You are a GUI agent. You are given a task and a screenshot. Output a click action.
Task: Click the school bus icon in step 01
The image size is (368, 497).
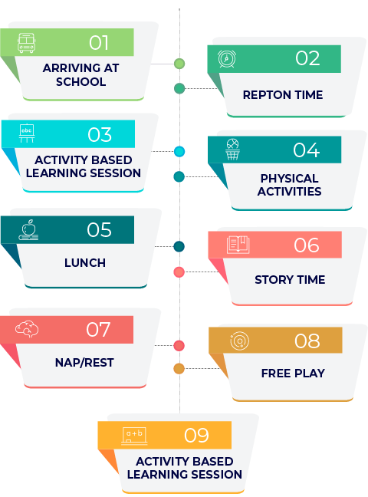point(26,43)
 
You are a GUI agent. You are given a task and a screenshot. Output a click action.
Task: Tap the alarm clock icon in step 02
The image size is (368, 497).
point(227,58)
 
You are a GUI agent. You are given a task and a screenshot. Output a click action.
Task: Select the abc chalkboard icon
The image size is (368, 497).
point(27,133)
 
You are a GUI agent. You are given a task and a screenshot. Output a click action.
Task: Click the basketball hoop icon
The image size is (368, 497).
point(232,150)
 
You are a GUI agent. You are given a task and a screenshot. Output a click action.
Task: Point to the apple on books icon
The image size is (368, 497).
point(28,230)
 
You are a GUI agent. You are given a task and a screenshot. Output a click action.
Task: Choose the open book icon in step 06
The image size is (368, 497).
point(238,245)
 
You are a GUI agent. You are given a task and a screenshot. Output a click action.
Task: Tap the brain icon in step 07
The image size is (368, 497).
point(27,329)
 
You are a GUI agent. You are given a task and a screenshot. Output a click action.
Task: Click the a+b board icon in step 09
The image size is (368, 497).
point(134,436)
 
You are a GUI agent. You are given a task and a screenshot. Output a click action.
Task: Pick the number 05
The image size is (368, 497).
point(99,229)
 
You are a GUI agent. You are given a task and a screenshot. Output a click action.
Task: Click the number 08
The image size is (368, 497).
point(307,341)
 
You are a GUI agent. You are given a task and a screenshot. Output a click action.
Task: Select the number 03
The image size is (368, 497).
point(100,134)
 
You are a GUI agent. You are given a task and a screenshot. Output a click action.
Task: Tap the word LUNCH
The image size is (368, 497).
point(85,263)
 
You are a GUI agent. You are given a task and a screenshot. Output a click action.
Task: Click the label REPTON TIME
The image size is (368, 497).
point(283,95)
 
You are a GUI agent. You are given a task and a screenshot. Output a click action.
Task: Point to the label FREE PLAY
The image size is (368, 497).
point(293,373)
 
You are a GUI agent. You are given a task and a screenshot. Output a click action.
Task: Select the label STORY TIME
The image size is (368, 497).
point(290,279)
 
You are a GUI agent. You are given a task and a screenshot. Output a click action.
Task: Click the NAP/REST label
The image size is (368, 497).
point(84,362)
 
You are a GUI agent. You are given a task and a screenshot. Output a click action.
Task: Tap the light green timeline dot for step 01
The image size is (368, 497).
point(179,64)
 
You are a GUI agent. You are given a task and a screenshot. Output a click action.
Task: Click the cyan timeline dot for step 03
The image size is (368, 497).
point(179,152)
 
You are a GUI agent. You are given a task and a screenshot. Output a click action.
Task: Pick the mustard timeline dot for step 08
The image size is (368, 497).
point(179,368)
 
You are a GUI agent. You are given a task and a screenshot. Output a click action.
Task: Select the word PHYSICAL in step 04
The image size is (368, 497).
point(289,179)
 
